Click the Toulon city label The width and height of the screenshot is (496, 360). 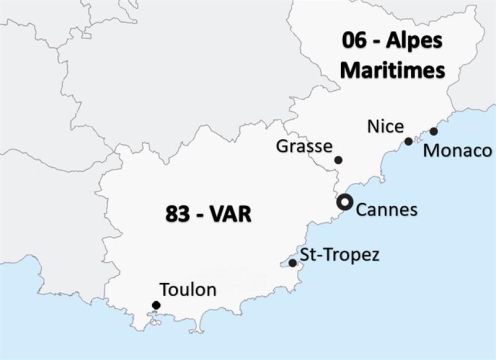click(188, 290)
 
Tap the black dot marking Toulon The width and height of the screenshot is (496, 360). click(156, 305)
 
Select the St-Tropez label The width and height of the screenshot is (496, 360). click(339, 255)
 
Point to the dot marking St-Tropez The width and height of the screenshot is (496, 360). click(292, 263)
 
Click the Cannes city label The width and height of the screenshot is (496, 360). click(387, 210)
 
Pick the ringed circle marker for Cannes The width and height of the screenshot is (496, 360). click(344, 202)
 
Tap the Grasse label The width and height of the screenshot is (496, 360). click(303, 147)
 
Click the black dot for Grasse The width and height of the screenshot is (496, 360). click(338, 160)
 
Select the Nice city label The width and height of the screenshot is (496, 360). click(385, 127)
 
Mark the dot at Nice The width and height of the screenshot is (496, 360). click(408, 141)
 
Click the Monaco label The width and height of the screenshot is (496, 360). click(458, 151)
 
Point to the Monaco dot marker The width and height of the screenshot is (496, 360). click(433, 131)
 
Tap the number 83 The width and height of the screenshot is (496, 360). click(179, 214)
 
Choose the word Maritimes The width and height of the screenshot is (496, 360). click(392, 72)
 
